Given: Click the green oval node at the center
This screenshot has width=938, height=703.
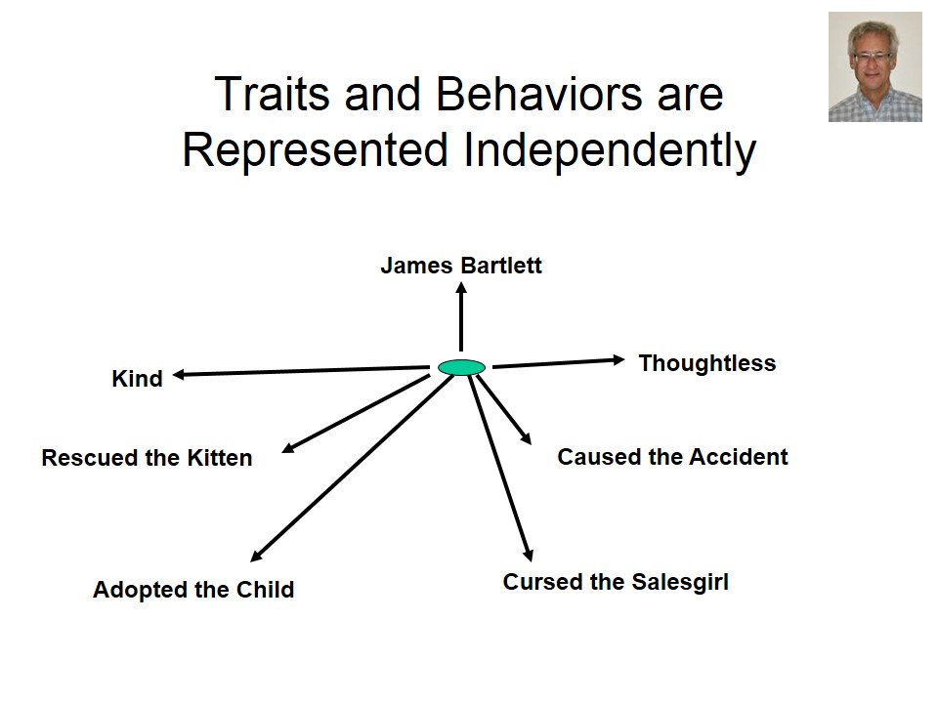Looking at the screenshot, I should click(461, 368).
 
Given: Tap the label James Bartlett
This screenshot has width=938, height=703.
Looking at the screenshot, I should click(461, 266).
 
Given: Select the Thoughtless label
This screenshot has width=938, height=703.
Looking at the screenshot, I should click(706, 363).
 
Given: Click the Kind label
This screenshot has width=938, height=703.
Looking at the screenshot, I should click(137, 379).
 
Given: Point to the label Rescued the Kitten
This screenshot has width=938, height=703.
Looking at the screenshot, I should click(147, 458).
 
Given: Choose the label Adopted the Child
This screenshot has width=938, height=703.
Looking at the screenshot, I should click(193, 590).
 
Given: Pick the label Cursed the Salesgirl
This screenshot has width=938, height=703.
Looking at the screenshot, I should click(616, 583).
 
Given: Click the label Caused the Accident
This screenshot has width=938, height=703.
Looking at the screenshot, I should click(672, 457).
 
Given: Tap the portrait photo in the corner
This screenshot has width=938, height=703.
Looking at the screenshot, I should click(874, 66).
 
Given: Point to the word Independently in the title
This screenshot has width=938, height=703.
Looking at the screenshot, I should click(604, 150).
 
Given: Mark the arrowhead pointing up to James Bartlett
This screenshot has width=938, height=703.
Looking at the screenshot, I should click(461, 290).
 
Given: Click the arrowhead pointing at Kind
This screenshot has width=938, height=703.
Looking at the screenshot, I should click(181, 374).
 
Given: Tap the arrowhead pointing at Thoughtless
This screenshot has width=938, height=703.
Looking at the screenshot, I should click(618, 360).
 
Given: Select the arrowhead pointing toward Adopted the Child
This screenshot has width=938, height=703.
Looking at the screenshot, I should click(257, 557).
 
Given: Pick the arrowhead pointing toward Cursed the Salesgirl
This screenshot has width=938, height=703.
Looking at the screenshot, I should click(529, 553).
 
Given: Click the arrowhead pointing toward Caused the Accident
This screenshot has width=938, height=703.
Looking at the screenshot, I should click(526, 440).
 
